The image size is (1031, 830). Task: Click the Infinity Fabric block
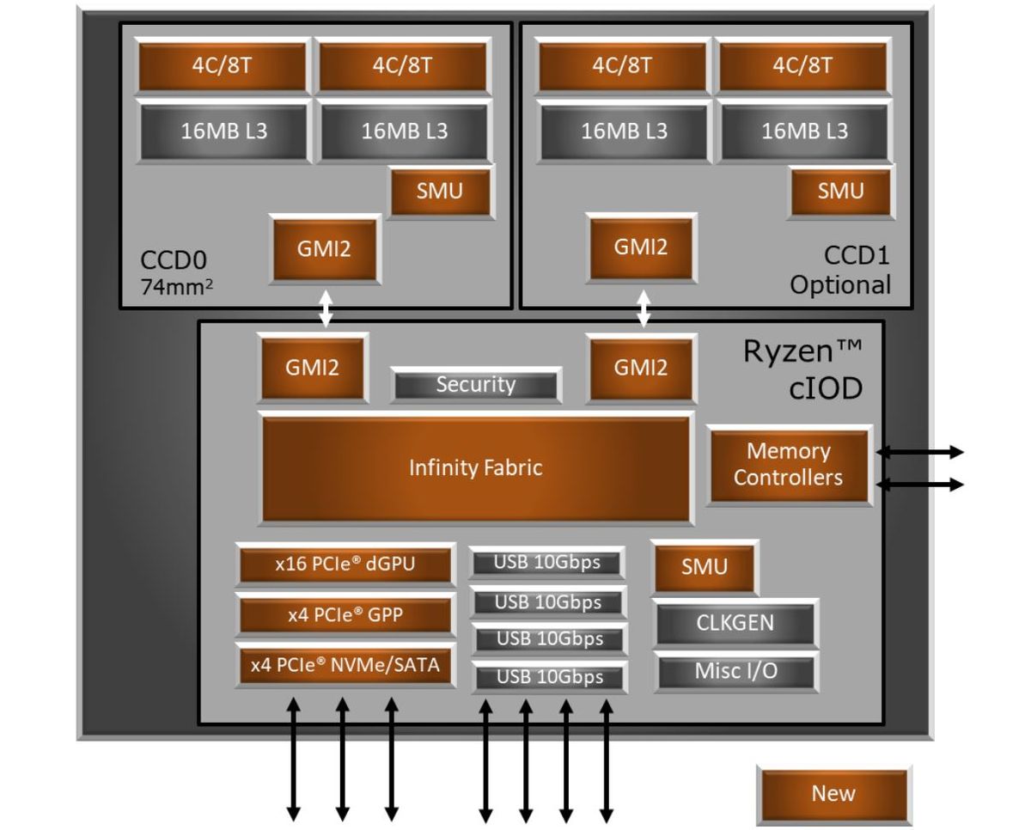(x=475, y=468)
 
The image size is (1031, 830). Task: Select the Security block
(x=475, y=385)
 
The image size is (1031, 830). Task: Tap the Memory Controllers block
(x=788, y=465)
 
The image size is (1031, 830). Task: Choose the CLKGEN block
(x=735, y=623)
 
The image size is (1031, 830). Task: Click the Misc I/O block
(x=735, y=671)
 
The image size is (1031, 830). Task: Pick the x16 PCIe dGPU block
(x=345, y=565)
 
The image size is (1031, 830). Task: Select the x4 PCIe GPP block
(x=345, y=615)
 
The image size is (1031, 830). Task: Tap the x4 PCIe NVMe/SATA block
(x=345, y=664)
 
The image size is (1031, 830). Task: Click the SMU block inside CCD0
(x=440, y=191)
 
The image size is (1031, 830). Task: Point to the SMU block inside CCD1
(x=839, y=191)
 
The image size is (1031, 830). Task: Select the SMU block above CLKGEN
(x=704, y=567)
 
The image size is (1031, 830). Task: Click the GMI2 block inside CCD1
(x=640, y=248)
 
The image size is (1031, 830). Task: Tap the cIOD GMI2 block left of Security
(x=313, y=368)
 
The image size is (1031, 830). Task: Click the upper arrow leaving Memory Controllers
(x=919, y=452)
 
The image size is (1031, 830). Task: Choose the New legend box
(x=833, y=794)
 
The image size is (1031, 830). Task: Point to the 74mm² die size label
(x=177, y=287)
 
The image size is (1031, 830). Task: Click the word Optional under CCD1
(x=839, y=285)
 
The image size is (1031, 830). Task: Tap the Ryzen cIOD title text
(x=801, y=370)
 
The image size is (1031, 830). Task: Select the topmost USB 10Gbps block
(x=547, y=564)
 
